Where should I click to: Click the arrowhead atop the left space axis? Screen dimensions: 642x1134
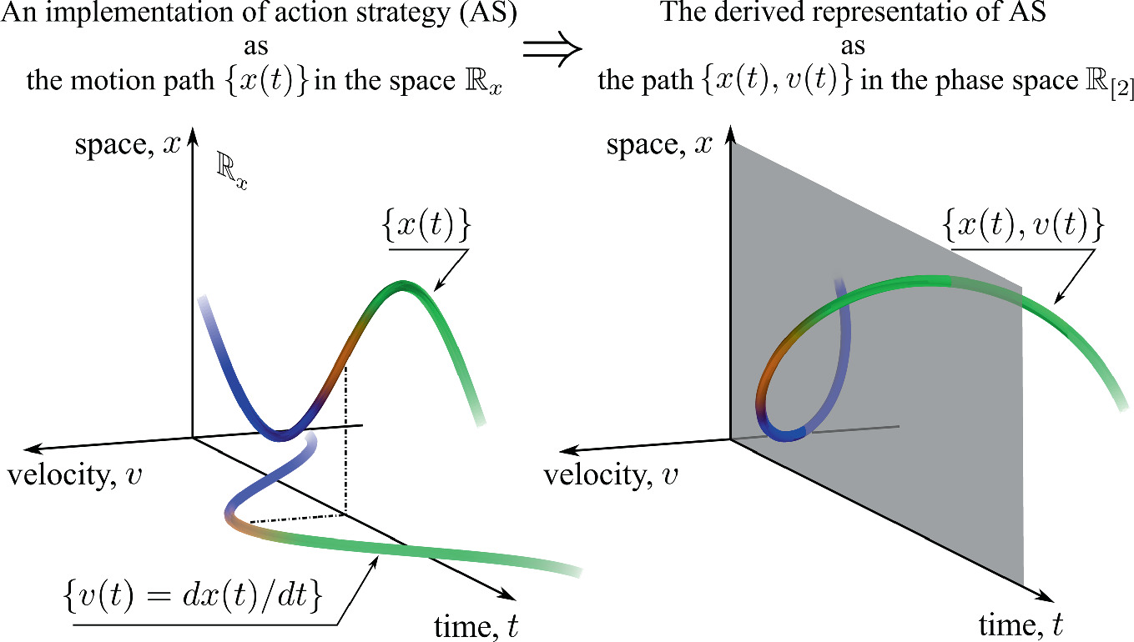(193, 133)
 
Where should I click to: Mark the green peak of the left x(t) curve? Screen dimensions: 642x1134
(403, 287)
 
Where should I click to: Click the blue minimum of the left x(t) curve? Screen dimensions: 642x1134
(280, 434)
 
